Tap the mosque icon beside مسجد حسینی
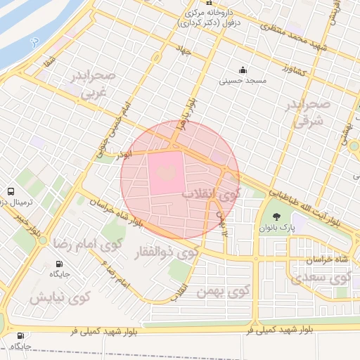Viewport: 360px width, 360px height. click(x=243, y=70)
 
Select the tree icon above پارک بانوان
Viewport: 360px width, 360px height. click(x=275, y=216)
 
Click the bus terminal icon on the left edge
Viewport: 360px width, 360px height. click(x=11, y=191)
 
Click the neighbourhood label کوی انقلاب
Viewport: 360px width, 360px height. click(x=211, y=192)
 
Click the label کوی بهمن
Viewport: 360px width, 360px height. click(x=224, y=290)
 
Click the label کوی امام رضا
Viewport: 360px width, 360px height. click(x=84, y=244)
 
